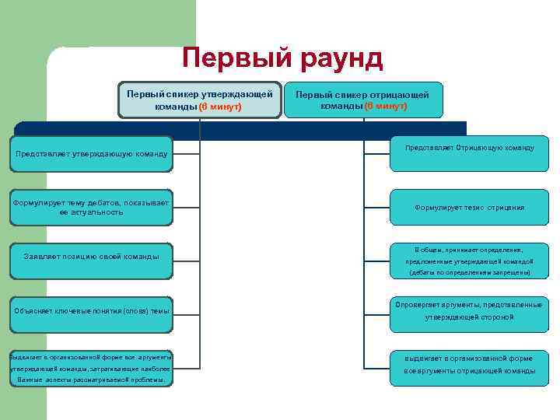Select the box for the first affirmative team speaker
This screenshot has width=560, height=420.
pyautogui.click(x=199, y=100)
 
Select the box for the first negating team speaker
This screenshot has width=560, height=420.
pyautogui.click(x=363, y=100)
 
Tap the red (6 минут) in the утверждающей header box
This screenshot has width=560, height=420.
pyautogui.click(x=220, y=107)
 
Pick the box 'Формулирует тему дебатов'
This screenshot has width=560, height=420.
pyautogui.click(x=91, y=207)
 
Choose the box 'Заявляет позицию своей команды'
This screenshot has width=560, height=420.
pyautogui.click(x=91, y=256)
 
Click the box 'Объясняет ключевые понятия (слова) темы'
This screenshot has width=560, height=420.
pyautogui.click(x=91, y=311)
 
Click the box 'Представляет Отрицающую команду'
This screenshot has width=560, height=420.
pyautogui.click(x=468, y=147)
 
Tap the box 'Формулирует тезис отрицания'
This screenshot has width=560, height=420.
pyautogui.click(x=468, y=208)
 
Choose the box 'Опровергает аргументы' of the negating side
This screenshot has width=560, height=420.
pyautogui.click(x=468, y=311)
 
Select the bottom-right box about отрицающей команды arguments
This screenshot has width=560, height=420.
pyautogui.click(x=468, y=365)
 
